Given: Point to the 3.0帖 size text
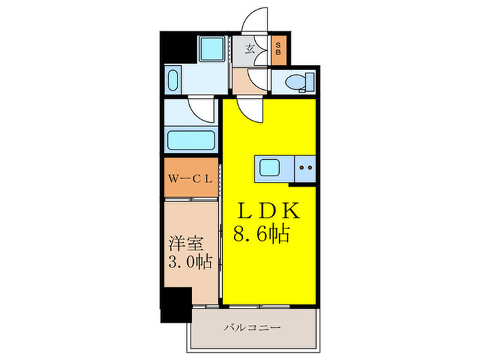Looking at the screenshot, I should [189, 261].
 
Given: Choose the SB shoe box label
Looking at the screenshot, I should [279, 49].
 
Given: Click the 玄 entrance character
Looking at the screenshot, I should [251, 49].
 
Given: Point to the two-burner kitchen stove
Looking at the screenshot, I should [306, 167].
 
